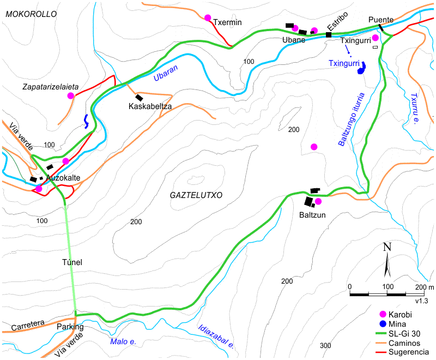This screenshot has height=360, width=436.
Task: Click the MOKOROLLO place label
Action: pos(31,15)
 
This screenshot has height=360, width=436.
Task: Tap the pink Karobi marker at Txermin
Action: pos(208,17)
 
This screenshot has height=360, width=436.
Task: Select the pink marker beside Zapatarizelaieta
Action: pos(70,95)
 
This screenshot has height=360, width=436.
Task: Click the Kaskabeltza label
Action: pos(150,107)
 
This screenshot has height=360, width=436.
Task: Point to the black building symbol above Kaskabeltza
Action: pos(139,98)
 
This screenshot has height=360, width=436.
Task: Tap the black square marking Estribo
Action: pos(329,35)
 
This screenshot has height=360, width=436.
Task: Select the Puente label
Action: pos(381,20)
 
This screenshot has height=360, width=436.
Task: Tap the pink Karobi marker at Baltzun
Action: pos(318,201)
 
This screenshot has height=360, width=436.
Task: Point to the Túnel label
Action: pos(72,262)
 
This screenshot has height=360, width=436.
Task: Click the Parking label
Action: pos(70,327)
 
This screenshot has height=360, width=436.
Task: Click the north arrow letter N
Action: pos(387,247)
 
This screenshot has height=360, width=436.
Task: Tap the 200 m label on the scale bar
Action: pos(423,287)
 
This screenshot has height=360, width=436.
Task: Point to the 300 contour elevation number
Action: pos(325,345)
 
